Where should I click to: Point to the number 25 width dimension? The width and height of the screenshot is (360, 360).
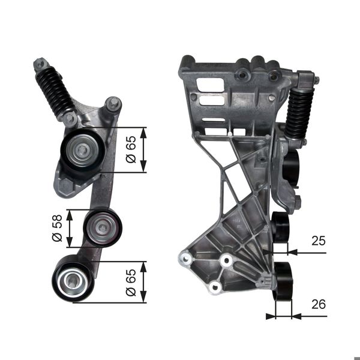coord(318,242)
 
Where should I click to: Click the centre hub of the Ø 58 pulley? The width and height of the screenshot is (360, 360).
coord(103,227)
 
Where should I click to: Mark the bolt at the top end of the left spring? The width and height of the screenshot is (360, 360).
coord(40,63)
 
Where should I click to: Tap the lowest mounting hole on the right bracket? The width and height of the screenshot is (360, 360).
coord(213,288)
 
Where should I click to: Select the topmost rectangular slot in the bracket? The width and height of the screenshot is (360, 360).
coord(208,83)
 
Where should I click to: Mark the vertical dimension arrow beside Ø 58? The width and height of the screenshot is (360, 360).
coord(70,228)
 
